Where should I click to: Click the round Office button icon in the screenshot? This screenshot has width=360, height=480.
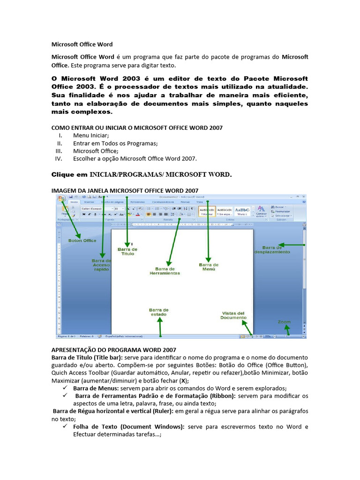point(61,199)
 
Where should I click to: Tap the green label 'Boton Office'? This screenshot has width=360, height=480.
point(82,240)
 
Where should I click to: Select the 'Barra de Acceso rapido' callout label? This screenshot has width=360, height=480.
point(101,265)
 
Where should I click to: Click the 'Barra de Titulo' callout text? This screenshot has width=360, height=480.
point(127,251)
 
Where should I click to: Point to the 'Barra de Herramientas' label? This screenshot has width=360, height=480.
point(165,271)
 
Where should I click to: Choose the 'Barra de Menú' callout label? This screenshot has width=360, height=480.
point(209,267)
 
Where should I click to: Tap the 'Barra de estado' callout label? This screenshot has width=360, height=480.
point(158,312)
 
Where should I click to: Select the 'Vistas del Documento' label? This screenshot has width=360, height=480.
point(233,315)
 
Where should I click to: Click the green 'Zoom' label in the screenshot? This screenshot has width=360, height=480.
point(284,322)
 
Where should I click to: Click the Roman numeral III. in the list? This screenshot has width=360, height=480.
point(59,151)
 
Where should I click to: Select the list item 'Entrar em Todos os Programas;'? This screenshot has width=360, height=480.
point(115,143)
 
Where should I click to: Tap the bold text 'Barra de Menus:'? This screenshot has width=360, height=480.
point(96,388)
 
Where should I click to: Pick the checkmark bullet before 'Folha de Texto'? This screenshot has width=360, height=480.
point(65,427)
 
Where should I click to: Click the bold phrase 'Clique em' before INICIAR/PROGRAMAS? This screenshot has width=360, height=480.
point(69,175)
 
